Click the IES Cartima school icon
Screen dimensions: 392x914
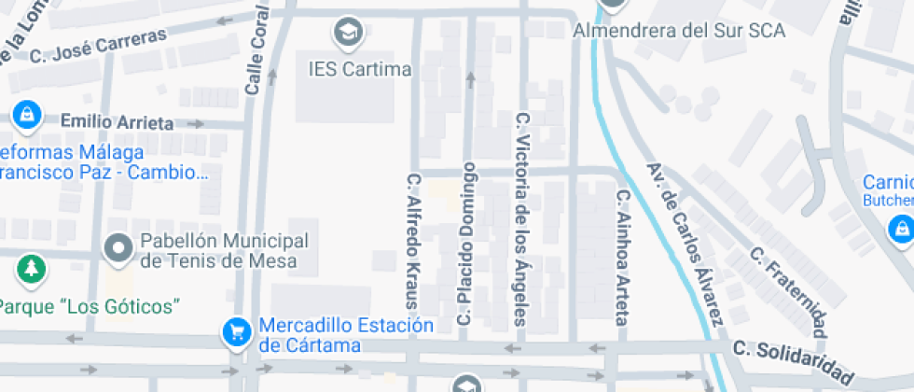pyautogui.click(x=348, y=32)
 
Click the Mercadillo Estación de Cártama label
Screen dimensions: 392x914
pyautogui.click(x=346, y=336)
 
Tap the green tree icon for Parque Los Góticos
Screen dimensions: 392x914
pyautogui.click(x=32, y=270)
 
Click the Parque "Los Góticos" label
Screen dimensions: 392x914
pyautogui.click(x=89, y=306)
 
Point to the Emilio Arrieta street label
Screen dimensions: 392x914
pyautogui.click(x=117, y=122)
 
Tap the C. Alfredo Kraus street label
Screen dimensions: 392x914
pyautogui.click(x=415, y=240)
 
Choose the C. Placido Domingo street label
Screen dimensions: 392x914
pyautogui.click(x=467, y=245)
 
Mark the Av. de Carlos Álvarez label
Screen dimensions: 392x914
pyautogui.click(x=684, y=245)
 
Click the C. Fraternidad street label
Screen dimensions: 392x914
pyautogui.click(x=789, y=291)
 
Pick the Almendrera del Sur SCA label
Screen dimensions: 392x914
pyautogui.click(x=679, y=30)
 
